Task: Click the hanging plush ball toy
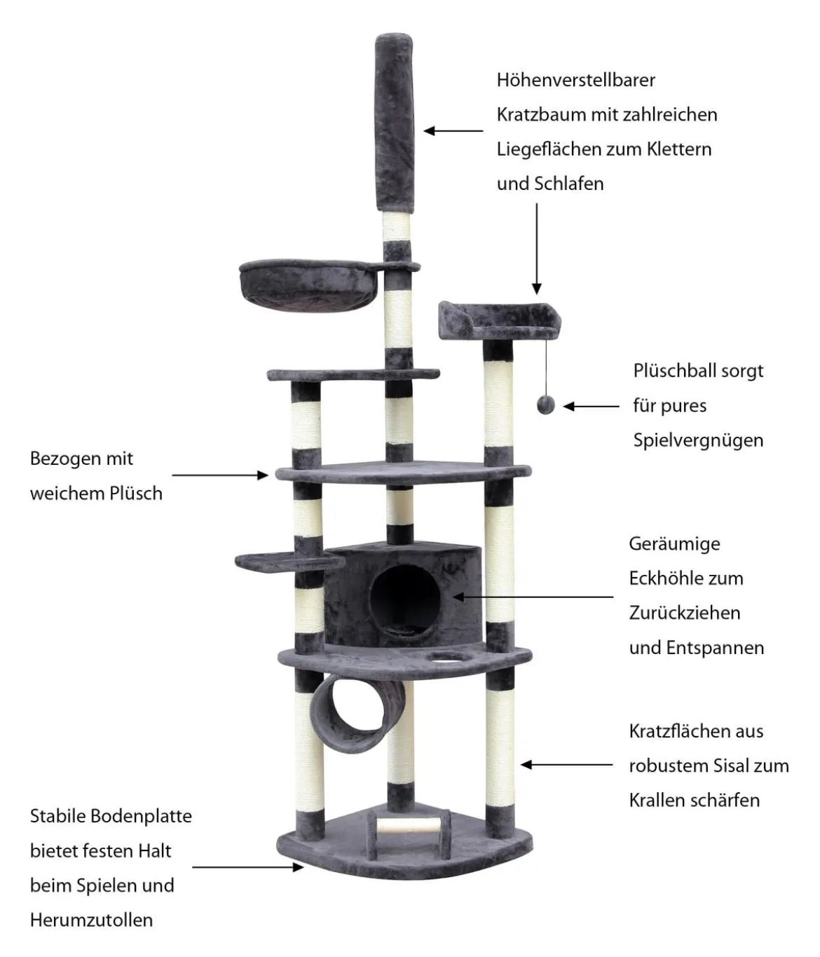point(545,405)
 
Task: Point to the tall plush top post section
point(394,123)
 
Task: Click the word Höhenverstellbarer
point(575,80)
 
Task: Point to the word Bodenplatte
point(141,816)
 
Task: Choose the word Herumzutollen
point(91,920)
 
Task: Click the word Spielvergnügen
point(698,441)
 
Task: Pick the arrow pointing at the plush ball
point(591,406)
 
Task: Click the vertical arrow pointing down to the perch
point(536,248)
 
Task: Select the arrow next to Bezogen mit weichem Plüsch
point(220,475)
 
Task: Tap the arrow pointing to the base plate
point(247,867)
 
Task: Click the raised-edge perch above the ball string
point(499,320)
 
